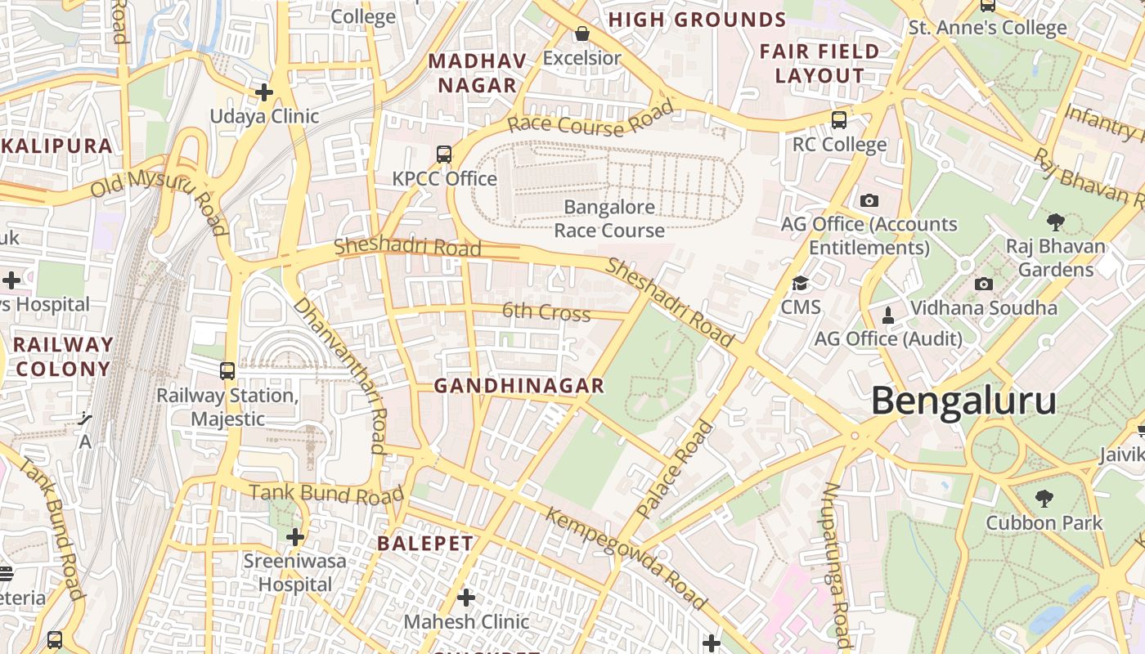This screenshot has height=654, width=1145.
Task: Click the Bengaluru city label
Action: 963,401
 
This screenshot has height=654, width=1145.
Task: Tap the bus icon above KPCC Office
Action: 443,154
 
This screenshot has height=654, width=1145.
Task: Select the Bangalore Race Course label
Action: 609,219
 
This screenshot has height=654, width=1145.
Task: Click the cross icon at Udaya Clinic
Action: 263,92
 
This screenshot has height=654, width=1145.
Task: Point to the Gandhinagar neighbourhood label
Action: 519,386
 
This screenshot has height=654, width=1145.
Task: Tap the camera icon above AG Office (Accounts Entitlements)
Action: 869,200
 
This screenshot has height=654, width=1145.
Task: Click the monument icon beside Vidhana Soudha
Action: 888,315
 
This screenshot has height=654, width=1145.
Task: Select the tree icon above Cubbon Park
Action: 1044,498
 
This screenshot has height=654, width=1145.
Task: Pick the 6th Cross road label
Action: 546,311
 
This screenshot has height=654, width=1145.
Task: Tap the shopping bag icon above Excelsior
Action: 581,34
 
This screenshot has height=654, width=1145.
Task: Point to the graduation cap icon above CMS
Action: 800,284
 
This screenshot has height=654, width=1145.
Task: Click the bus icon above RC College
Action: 838,120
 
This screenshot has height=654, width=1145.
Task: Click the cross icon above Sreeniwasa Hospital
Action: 295,537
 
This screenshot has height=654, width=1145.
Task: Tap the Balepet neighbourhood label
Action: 424,544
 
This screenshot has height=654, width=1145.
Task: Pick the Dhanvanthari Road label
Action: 340,374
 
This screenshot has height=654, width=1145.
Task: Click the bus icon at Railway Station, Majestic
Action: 227,371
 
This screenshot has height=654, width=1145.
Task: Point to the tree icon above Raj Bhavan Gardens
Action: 1056,222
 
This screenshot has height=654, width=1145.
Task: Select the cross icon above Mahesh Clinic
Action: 465,598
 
